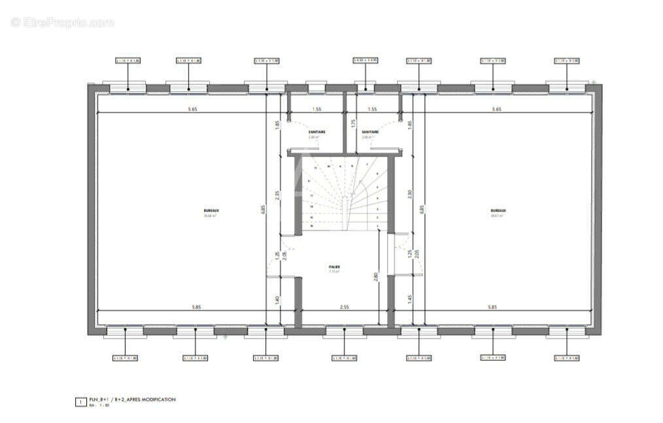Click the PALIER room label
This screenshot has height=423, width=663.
(x=334, y=267)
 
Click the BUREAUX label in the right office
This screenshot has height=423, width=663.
(x=498, y=211)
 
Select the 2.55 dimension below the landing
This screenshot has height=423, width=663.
(x=344, y=307)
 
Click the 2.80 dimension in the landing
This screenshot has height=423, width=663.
(x=375, y=276)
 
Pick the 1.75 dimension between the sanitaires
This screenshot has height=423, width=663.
(x=353, y=122)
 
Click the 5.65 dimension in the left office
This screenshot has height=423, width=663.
(x=192, y=109)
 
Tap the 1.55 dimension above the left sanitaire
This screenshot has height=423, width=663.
(x=316, y=109)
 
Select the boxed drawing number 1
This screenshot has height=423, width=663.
(x=80, y=401)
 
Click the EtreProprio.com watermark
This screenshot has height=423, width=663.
(x=62, y=22)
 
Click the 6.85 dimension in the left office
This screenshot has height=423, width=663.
(x=262, y=210)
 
